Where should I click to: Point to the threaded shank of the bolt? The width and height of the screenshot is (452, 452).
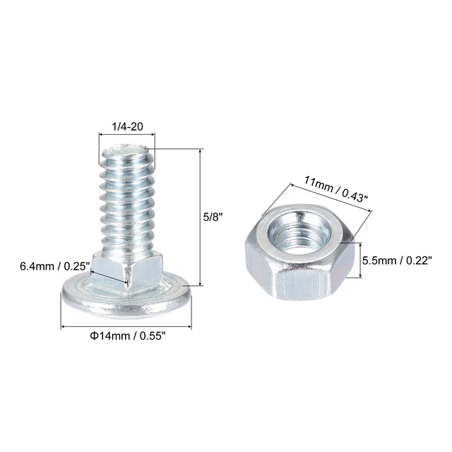[x=126, y=205]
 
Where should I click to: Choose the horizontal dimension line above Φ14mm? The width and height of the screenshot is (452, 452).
[x=126, y=327]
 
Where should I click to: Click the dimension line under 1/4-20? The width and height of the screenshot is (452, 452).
[x=126, y=137]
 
